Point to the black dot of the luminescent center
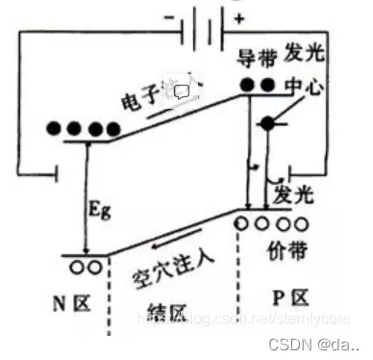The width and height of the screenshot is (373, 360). (x=268, y=125)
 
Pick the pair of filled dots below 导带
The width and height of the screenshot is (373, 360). (x=258, y=84)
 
